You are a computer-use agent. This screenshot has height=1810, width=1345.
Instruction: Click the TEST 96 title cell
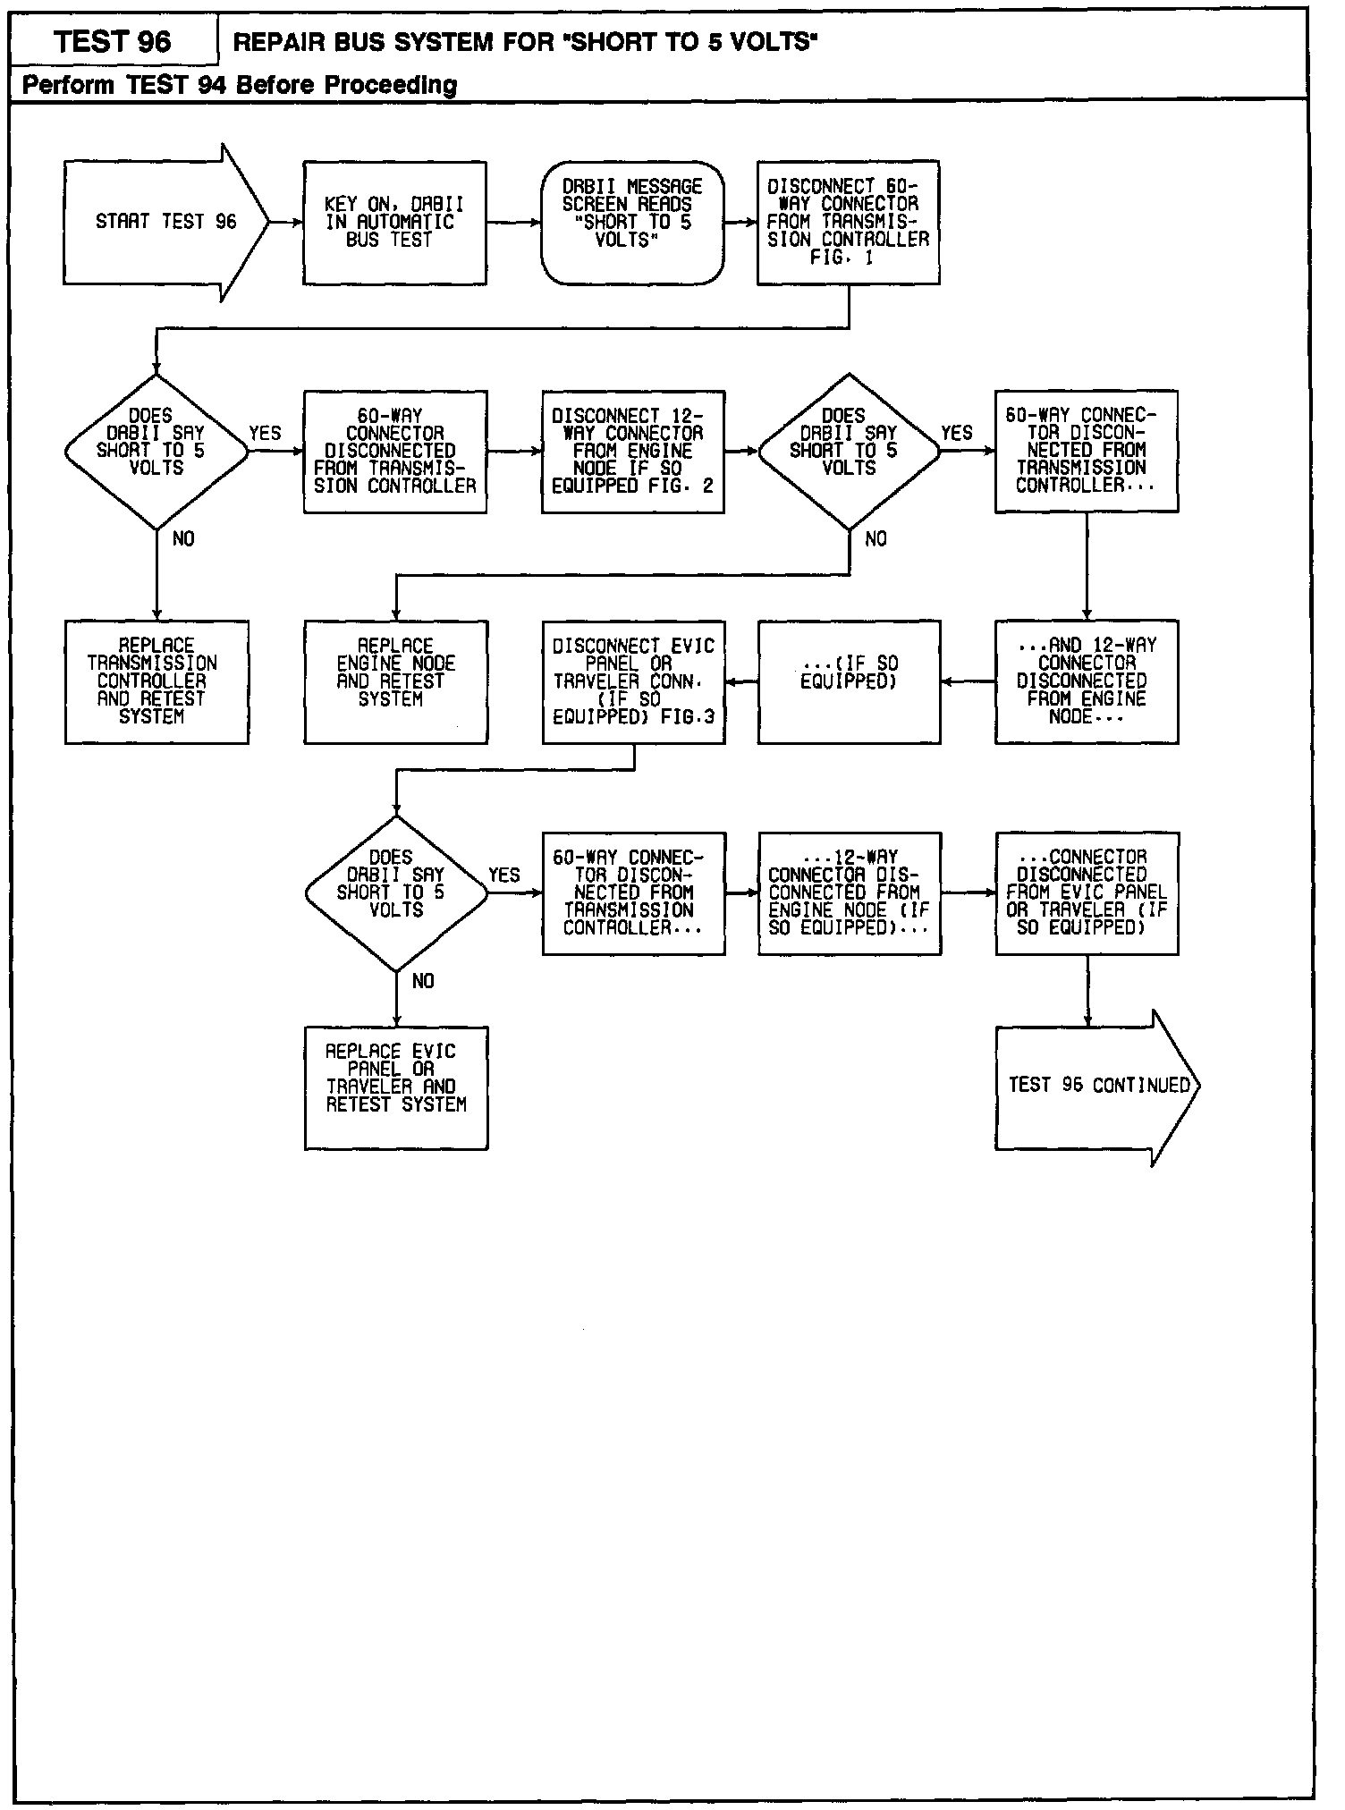tap(113, 41)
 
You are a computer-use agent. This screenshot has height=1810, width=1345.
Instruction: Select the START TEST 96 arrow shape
tap(165, 223)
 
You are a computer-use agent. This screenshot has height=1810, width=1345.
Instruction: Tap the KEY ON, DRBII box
tap(394, 223)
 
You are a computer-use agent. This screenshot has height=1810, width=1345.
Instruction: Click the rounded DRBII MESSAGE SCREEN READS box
tap(632, 223)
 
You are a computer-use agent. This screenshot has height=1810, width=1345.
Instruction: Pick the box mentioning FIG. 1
tap(848, 223)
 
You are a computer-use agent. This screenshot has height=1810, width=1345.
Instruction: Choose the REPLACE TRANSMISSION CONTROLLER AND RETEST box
tap(156, 681)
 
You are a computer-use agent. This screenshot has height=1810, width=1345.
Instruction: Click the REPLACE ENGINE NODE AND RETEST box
tap(395, 681)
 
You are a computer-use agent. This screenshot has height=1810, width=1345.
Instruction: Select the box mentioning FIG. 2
tap(632, 452)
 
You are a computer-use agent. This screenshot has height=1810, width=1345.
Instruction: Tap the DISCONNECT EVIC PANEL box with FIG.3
tap(633, 681)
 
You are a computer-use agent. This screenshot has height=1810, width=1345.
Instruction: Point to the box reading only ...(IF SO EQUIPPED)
tap(849, 681)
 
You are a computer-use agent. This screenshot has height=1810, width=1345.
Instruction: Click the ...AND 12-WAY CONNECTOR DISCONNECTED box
tap(1087, 681)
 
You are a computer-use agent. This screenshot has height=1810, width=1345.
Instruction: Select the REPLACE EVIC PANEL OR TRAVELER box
tap(395, 1087)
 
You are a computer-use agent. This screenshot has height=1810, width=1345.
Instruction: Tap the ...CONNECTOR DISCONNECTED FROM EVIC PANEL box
tap(1087, 893)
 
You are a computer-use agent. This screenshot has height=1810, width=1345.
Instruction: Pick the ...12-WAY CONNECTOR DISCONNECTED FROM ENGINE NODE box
tap(849, 893)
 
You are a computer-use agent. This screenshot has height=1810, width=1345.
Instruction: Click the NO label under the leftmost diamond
tap(182, 539)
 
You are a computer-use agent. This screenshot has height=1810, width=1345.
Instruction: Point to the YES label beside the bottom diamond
tap(504, 875)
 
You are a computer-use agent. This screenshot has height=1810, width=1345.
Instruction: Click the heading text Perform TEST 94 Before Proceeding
tap(240, 85)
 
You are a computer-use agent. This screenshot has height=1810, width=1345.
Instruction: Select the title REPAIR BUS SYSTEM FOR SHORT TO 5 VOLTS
tap(526, 42)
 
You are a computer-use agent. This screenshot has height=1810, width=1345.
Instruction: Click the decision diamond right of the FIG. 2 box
tap(849, 452)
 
